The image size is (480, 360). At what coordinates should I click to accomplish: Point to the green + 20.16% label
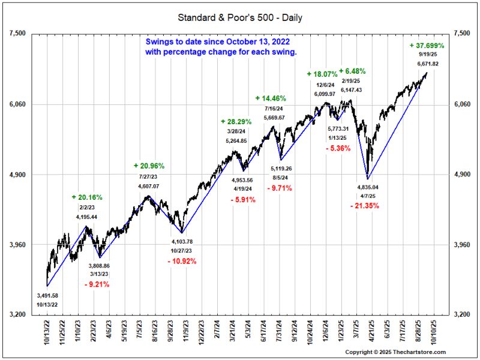click(87, 197)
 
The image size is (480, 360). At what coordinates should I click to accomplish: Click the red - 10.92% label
click(182, 261)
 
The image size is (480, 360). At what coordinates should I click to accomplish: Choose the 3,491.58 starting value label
click(47, 296)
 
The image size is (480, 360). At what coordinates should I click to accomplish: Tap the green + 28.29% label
click(236, 121)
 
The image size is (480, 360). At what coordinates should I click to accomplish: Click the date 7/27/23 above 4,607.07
click(149, 177)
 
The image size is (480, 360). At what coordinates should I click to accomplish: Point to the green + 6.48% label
click(352, 71)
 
